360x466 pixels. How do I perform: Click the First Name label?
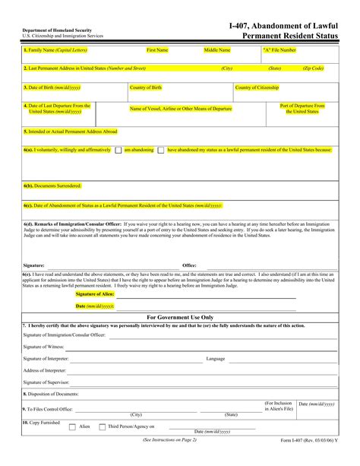point(157,50)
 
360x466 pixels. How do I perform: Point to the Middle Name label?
point(216,50)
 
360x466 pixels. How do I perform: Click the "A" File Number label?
point(279,50)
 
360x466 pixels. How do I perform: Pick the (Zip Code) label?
point(313,68)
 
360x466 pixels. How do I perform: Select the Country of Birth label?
point(146,87)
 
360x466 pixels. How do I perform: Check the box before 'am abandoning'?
point(118,151)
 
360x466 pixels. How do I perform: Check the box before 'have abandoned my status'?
point(161,151)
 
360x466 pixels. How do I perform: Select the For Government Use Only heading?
point(180,317)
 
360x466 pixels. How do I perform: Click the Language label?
point(215,357)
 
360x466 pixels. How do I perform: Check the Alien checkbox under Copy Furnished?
point(72,427)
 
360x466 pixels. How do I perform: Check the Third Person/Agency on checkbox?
point(103,427)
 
